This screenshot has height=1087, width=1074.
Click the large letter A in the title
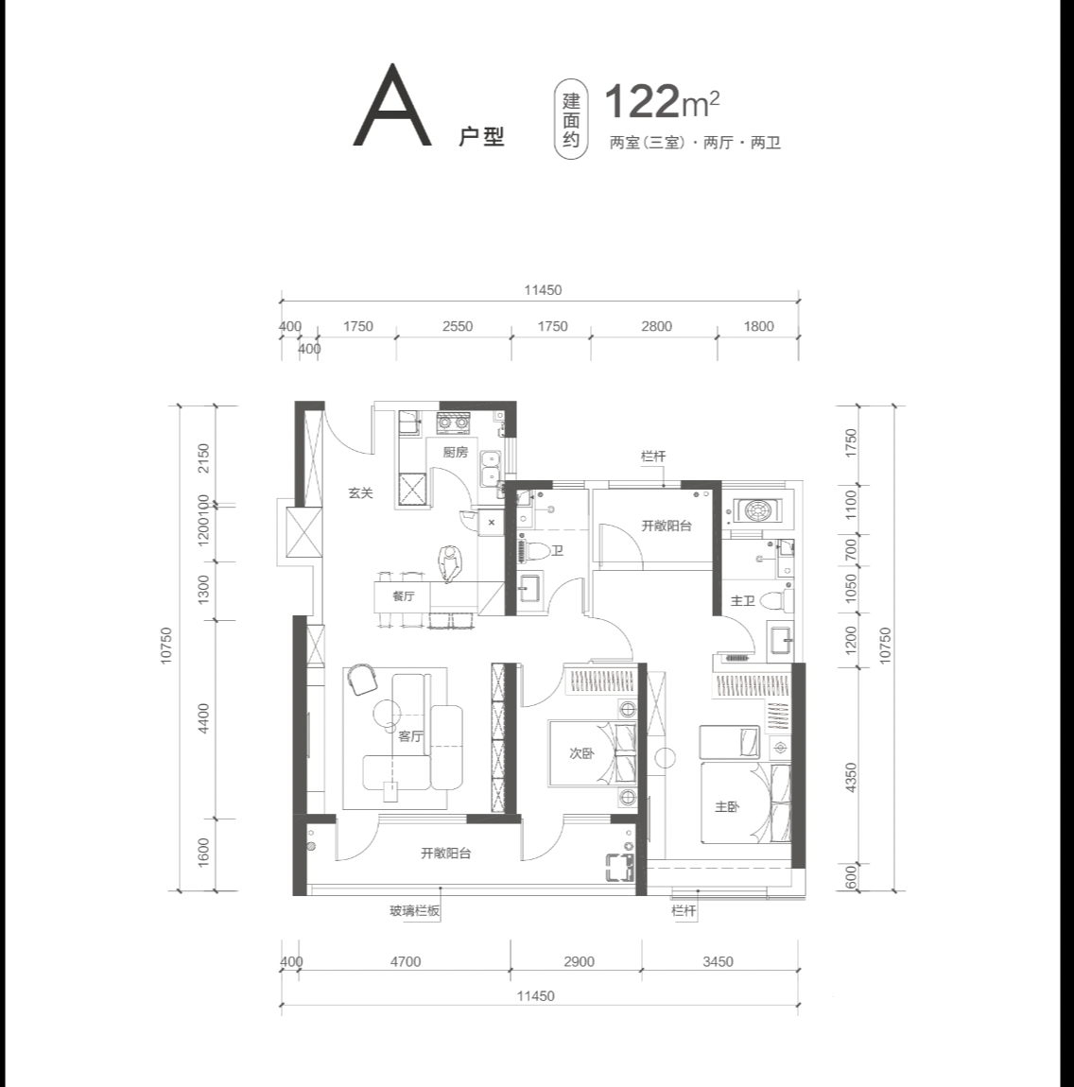[x=391, y=105]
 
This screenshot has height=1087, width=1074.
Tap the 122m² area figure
[x=662, y=102]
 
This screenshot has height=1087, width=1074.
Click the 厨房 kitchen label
[x=456, y=453]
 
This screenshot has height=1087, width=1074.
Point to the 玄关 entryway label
[x=360, y=492]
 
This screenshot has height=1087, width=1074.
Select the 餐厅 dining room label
[x=403, y=596]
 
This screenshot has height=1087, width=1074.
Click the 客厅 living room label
[x=410, y=736]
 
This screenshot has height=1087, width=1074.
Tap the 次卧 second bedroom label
[x=581, y=753]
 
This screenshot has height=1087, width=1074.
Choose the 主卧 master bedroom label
[x=727, y=807]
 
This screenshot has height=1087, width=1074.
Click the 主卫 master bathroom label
[x=742, y=600]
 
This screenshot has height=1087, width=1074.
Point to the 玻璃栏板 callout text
[x=415, y=911]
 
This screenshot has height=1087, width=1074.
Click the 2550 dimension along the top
[x=457, y=326]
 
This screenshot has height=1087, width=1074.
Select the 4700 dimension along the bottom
[x=406, y=961]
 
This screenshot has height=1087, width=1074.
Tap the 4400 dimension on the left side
[x=203, y=718]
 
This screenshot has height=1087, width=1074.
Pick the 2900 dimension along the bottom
[x=579, y=961]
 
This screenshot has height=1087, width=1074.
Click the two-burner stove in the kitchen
[x=453, y=422]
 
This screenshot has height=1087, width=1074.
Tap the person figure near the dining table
[x=449, y=563]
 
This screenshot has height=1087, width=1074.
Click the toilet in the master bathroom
[x=777, y=599]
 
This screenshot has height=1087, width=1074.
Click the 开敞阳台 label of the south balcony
[x=446, y=854]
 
